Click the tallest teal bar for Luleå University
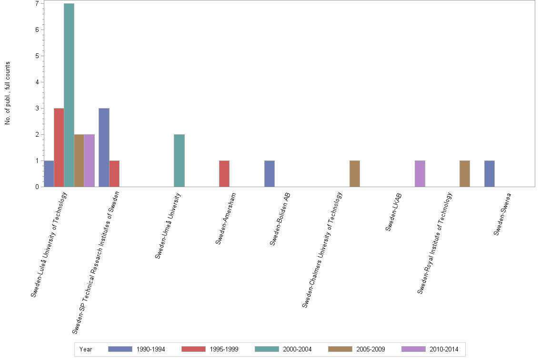click(69, 95)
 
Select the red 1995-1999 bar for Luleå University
click(59, 148)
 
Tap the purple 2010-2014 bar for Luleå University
click(89, 160)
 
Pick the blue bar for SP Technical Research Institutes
click(104, 148)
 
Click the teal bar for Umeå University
click(179, 160)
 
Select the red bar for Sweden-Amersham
click(224, 174)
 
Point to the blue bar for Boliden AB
click(270, 174)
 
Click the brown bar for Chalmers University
click(355, 174)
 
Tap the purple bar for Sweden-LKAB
click(420, 174)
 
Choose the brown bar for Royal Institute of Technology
click(465, 174)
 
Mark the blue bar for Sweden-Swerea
click(490, 174)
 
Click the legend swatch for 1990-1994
click(120, 349)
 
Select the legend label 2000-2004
click(297, 349)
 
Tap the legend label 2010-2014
click(444, 349)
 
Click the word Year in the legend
click(86, 349)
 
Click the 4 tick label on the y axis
click(37, 82)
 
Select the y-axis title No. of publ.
click(8, 93)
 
